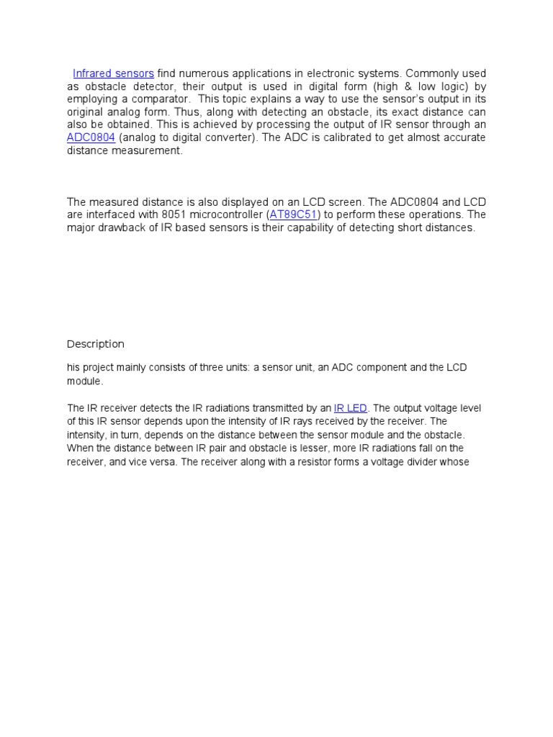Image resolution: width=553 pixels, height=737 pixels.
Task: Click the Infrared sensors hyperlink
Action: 113,73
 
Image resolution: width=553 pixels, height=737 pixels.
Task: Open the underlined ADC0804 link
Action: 91,137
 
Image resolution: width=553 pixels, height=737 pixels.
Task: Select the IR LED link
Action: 351,408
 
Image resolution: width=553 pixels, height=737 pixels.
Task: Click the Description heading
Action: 96,343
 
